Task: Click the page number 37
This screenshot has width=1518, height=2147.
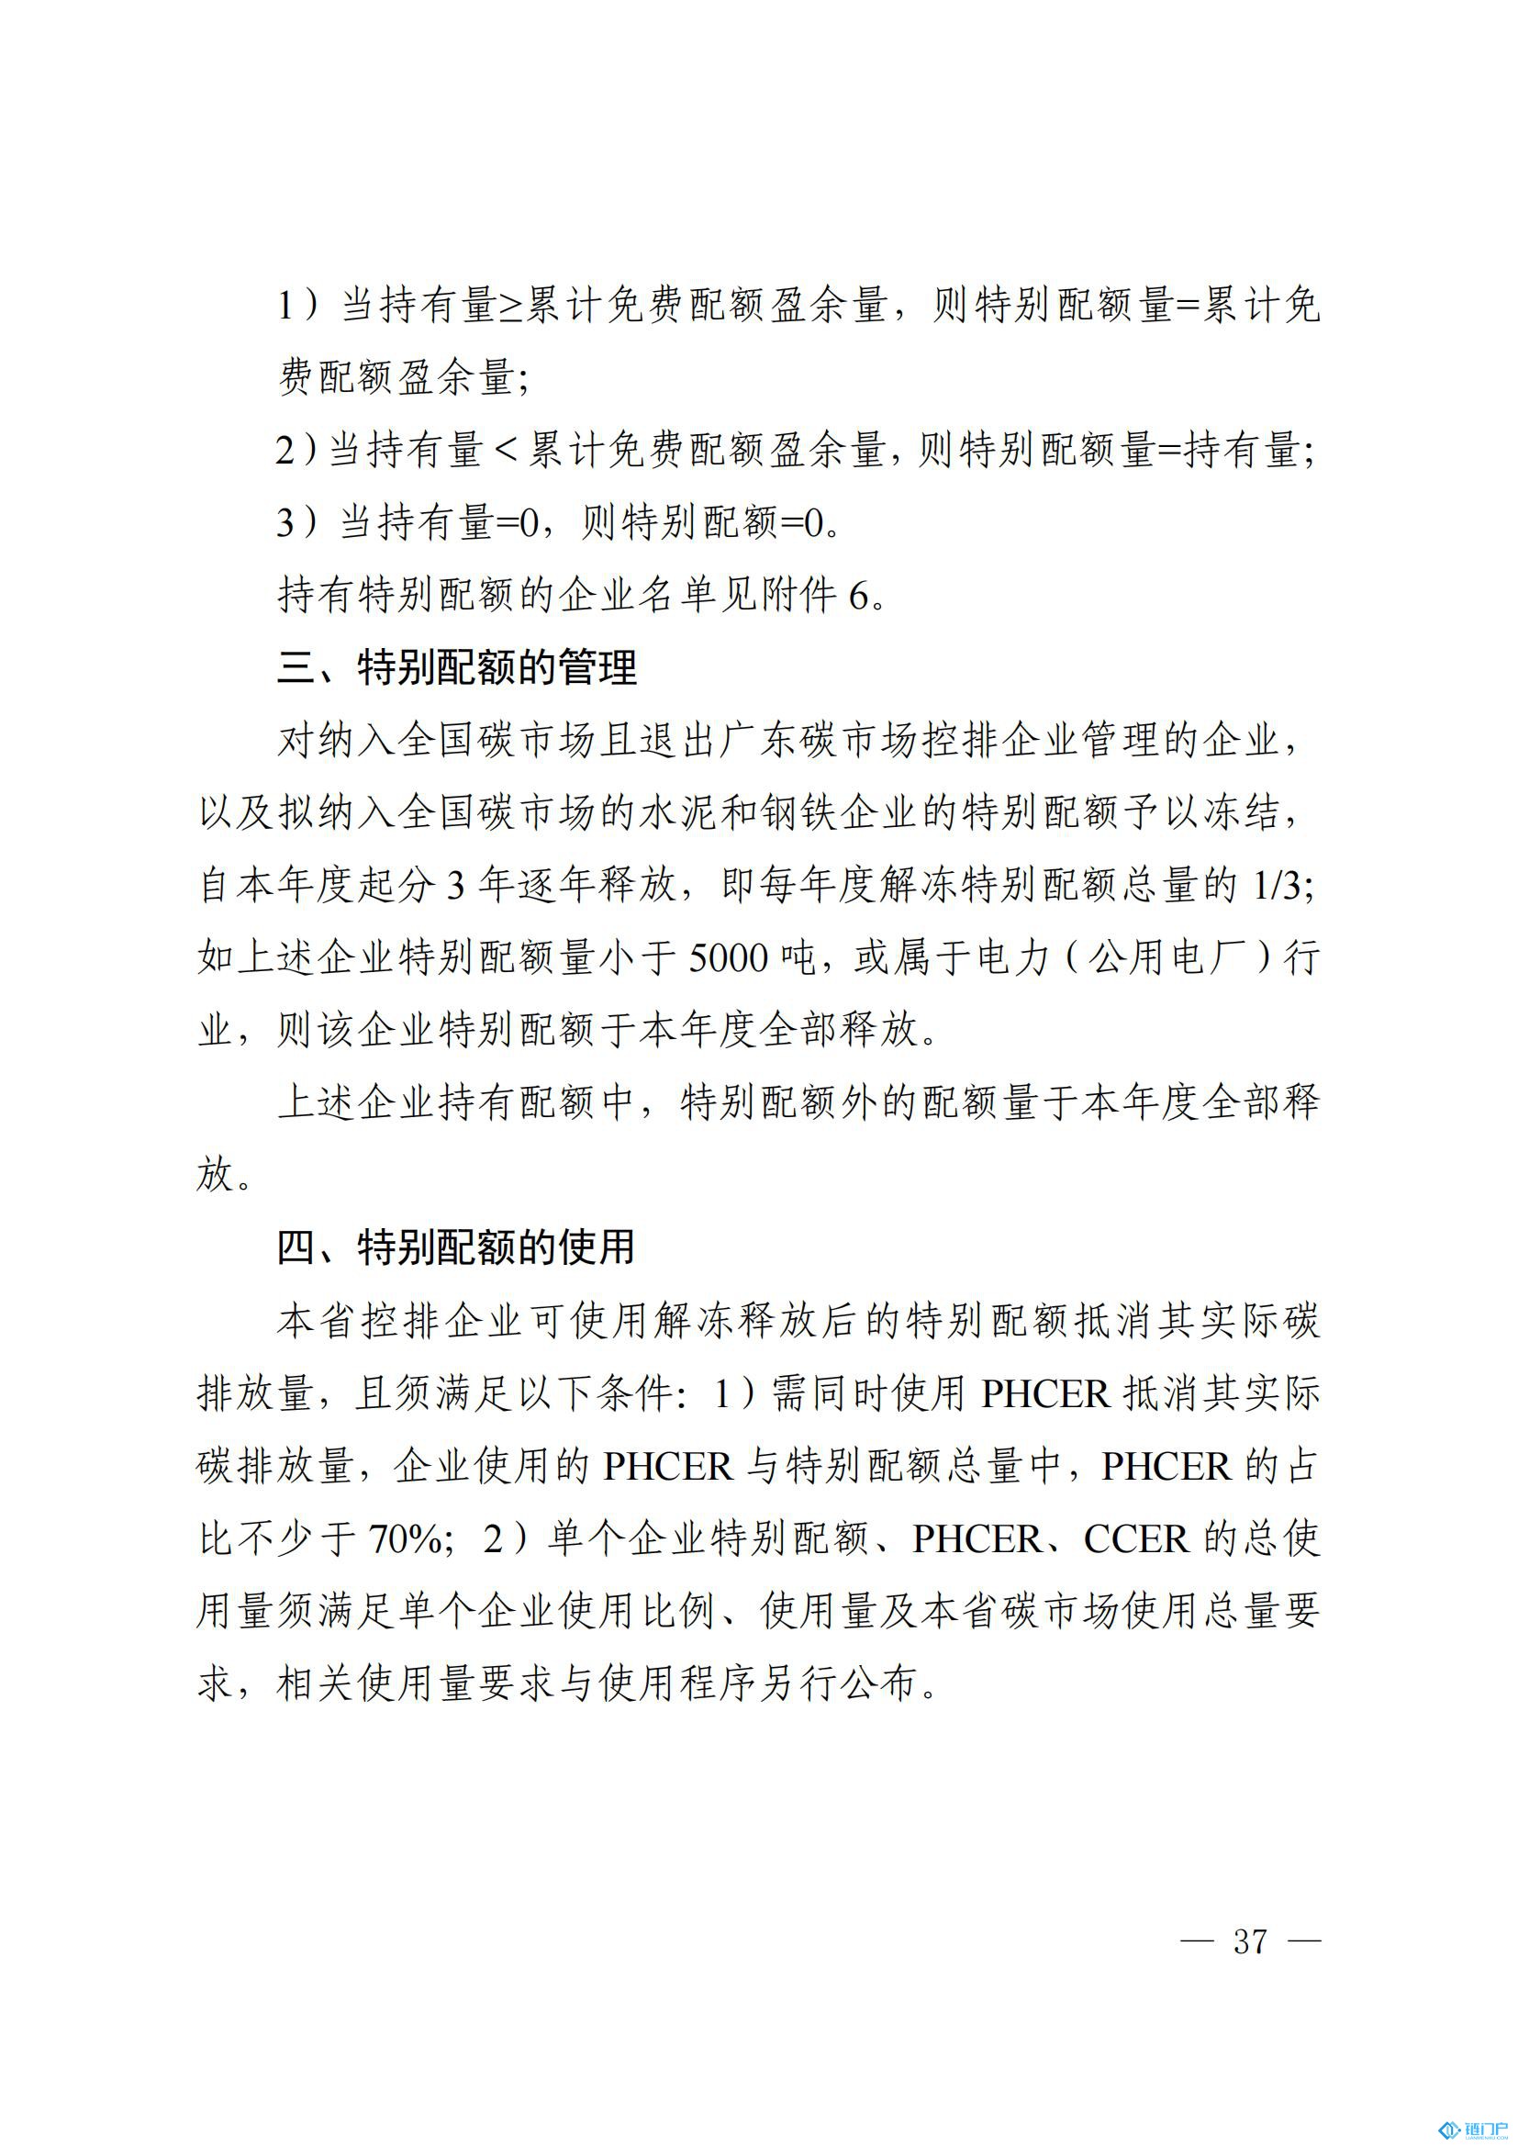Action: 1250,1941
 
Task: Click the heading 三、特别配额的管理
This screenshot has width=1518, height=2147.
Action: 456,667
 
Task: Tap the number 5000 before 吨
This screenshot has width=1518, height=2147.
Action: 727,957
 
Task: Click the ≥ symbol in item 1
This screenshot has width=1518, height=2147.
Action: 509,307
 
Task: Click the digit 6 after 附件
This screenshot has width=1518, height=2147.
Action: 858,596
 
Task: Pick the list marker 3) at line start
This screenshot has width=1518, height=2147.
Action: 297,523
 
